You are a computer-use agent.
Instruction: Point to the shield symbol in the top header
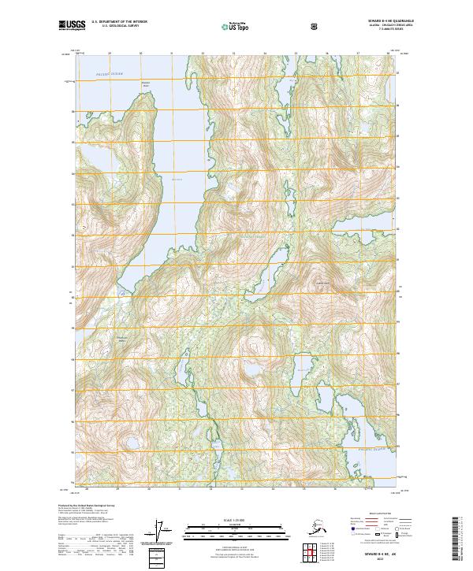coord(315,26)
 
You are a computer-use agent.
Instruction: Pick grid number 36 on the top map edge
coord(327,54)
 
